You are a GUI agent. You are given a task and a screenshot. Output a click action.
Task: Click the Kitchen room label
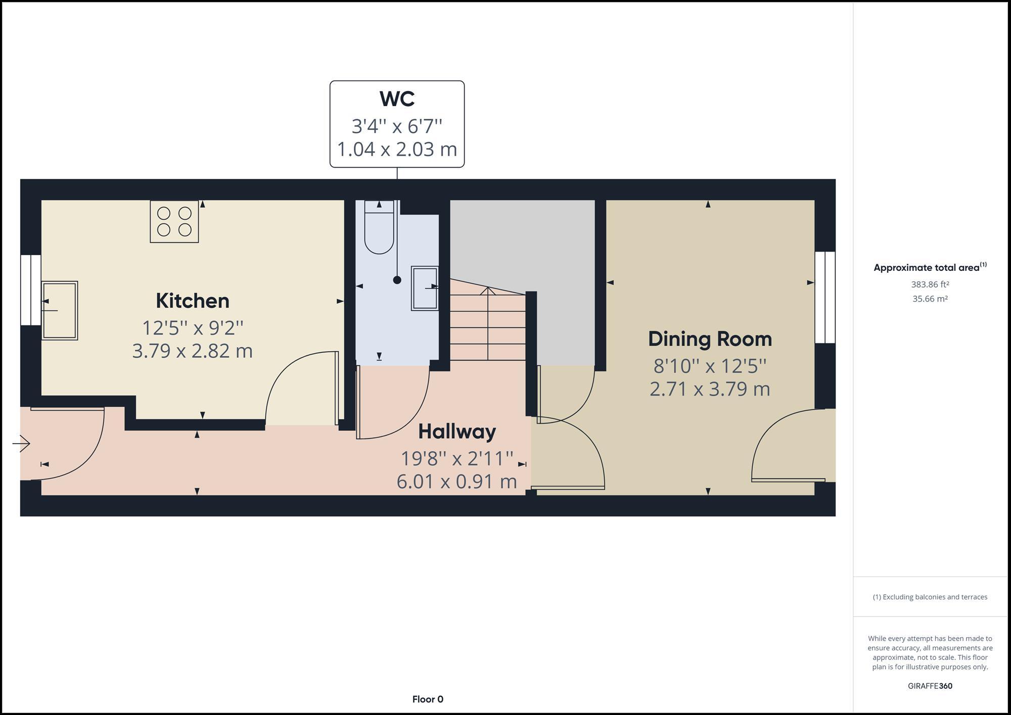(192, 301)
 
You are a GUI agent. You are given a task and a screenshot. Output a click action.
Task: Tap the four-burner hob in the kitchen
(174, 222)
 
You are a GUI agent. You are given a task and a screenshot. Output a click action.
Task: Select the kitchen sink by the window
(60, 310)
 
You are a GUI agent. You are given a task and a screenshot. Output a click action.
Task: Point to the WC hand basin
(424, 288)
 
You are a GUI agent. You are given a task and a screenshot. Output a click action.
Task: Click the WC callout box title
(397, 99)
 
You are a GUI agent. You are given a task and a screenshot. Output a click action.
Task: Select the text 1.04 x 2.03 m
(397, 150)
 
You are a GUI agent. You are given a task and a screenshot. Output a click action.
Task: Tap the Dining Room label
(710, 339)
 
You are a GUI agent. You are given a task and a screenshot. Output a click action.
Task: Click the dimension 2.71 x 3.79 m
(710, 389)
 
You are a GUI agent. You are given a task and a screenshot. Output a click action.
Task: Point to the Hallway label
(457, 432)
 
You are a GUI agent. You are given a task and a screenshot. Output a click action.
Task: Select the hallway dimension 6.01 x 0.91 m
(457, 482)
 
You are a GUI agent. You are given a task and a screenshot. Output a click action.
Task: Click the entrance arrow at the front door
(22, 444)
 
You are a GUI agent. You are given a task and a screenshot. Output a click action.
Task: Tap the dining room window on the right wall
(825, 298)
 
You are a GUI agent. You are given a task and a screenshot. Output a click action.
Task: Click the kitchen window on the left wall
(30, 290)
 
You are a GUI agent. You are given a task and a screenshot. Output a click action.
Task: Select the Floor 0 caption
(428, 699)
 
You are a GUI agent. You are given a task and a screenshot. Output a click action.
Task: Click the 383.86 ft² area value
(930, 284)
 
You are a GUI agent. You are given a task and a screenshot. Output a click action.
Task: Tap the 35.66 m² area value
(930, 299)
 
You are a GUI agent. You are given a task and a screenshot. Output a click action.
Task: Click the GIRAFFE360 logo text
(930, 686)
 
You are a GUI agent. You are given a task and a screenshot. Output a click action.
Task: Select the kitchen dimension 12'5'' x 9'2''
(192, 328)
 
